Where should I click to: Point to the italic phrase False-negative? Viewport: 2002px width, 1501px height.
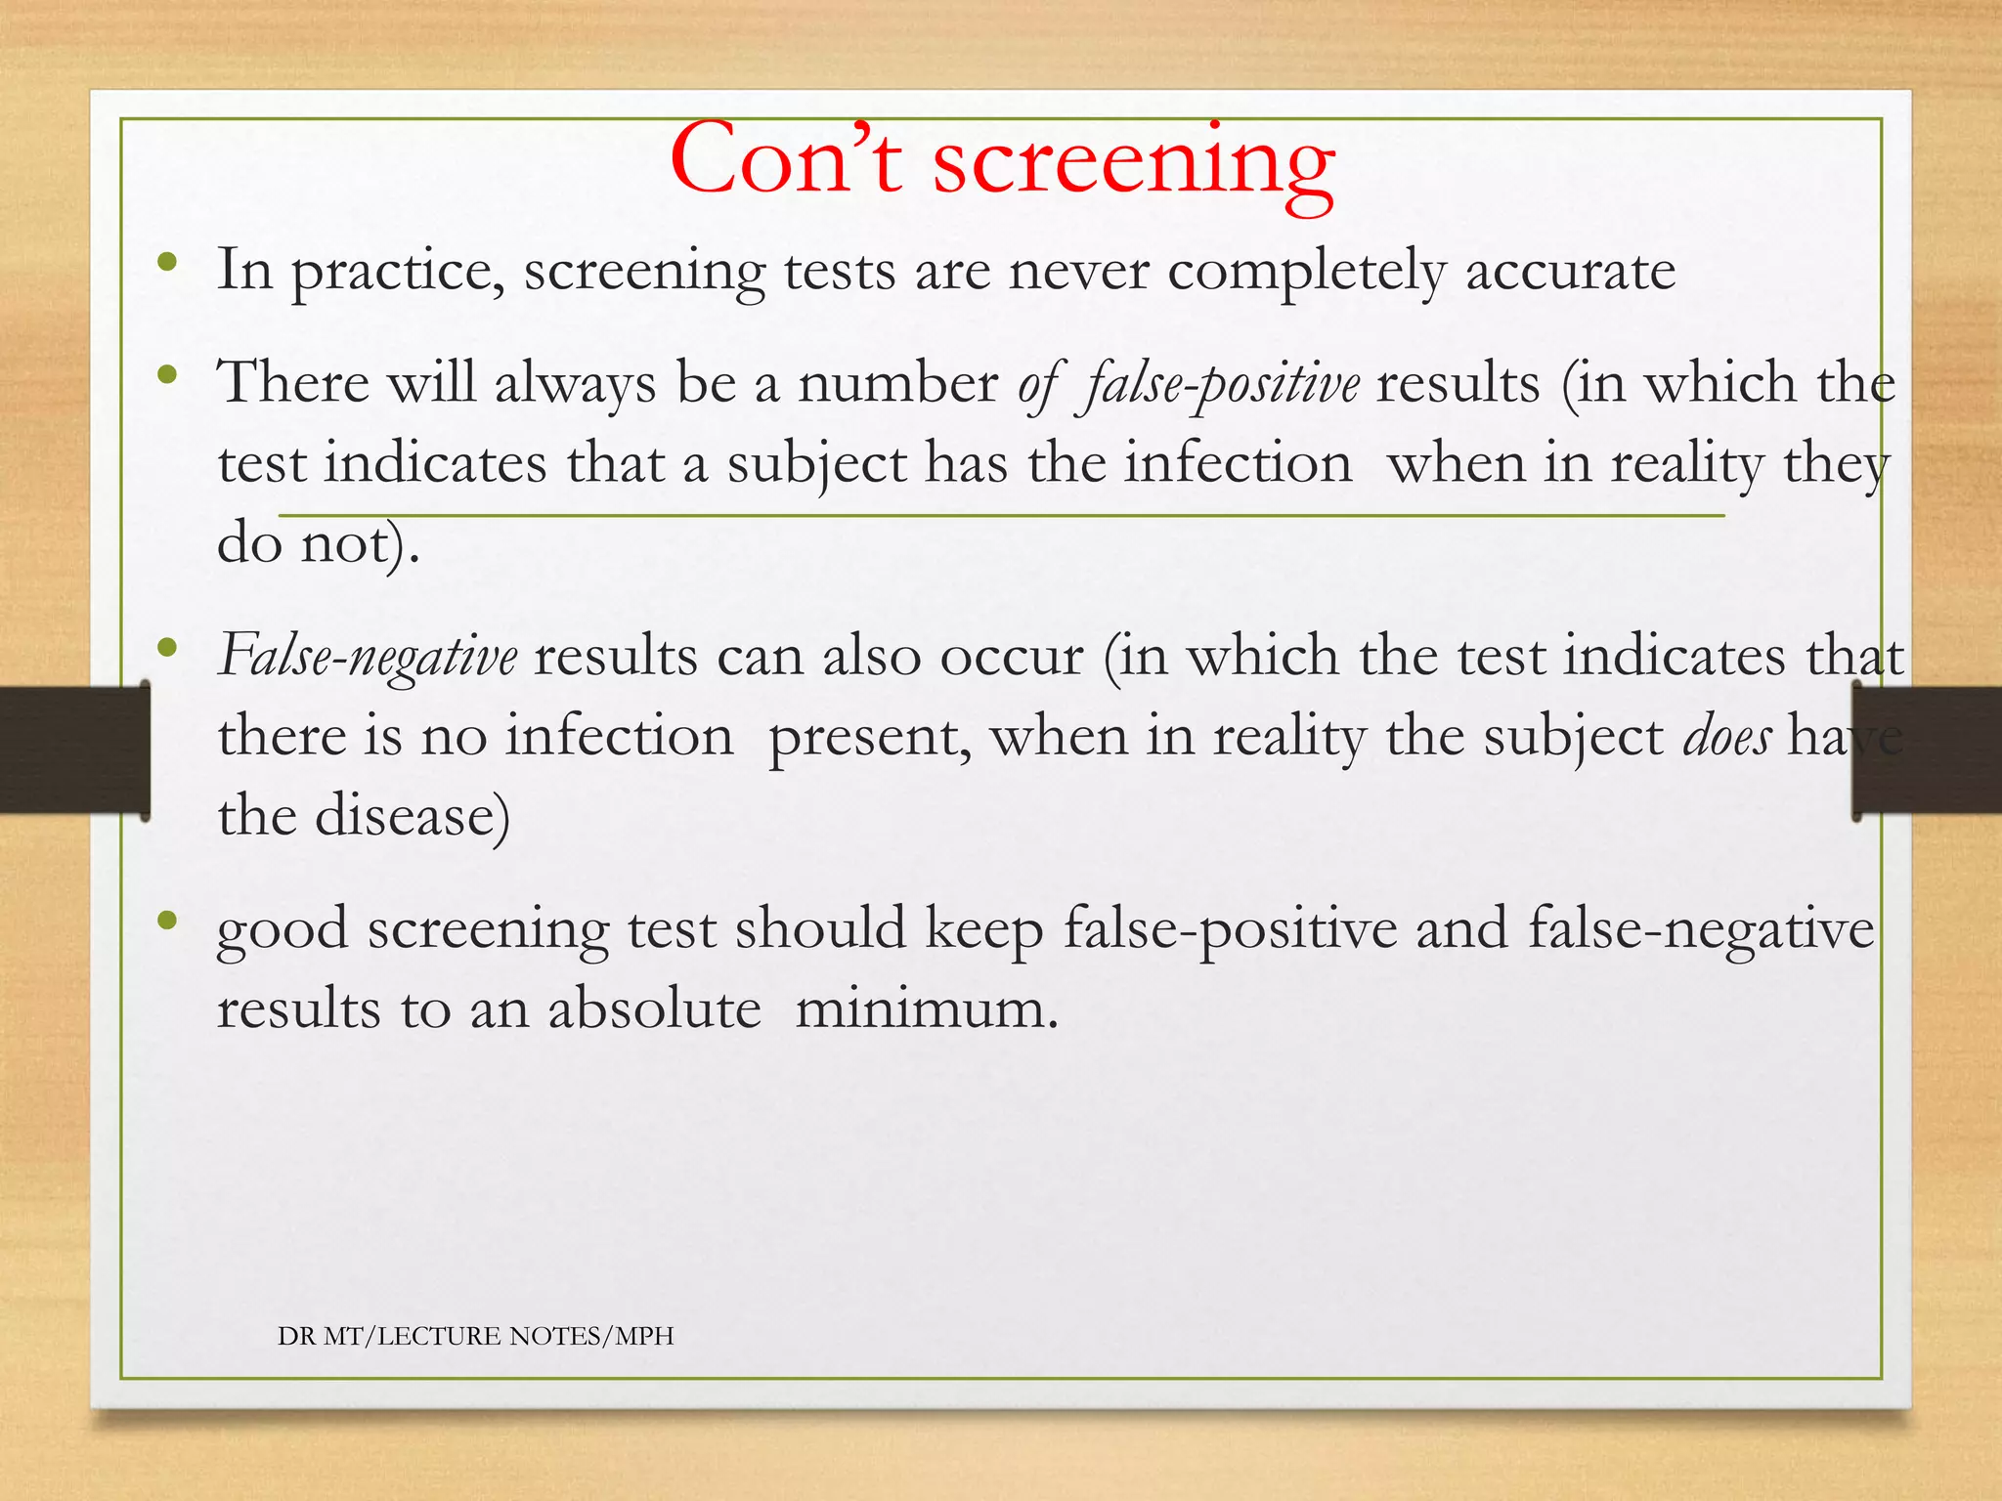coord(368,656)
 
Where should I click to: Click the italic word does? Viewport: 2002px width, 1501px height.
coord(1726,736)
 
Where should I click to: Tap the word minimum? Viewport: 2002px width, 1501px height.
coord(926,1008)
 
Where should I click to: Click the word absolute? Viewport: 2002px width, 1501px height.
coord(654,1008)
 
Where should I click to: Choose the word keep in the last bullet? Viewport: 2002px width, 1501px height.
coord(984,928)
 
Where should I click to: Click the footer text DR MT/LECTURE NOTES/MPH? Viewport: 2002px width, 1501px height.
coord(476,1336)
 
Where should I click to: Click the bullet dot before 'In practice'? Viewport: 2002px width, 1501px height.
coord(168,262)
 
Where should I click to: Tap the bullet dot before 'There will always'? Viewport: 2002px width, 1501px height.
coord(168,373)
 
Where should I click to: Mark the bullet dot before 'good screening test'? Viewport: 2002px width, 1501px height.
coord(168,920)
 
